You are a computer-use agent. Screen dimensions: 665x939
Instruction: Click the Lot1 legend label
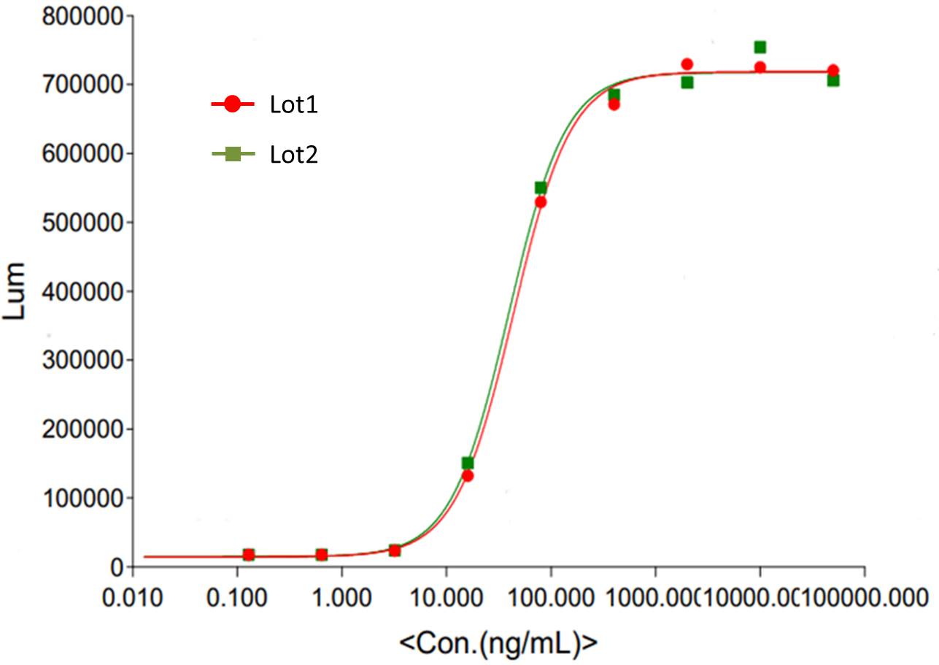pyautogui.click(x=294, y=106)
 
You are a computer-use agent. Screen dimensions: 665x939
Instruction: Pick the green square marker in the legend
pyautogui.click(x=232, y=153)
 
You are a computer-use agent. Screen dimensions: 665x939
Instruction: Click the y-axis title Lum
pyautogui.click(x=15, y=291)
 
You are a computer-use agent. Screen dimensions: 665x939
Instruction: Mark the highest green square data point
pyautogui.click(x=760, y=47)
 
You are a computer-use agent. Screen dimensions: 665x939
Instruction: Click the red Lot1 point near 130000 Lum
pyautogui.click(x=468, y=476)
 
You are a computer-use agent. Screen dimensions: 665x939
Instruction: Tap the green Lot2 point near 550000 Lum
pyautogui.click(x=541, y=188)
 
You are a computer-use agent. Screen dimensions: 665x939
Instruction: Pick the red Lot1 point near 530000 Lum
pyautogui.click(x=541, y=202)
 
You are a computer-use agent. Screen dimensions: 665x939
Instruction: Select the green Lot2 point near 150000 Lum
pyautogui.click(x=468, y=463)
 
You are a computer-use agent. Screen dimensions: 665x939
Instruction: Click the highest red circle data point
pyautogui.click(x=687, y=64)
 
